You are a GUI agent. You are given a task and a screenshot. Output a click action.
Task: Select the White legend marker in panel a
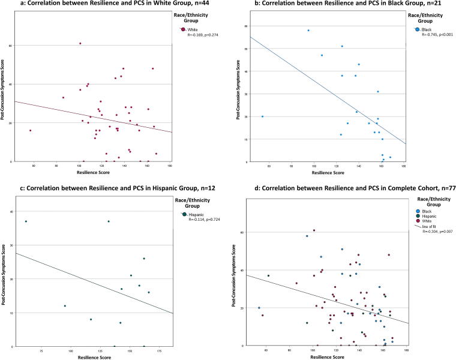coord(183,29)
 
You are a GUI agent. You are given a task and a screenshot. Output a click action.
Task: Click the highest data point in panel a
coord(80,43)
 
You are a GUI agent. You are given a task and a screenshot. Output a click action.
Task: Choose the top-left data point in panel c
coord(26,221)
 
